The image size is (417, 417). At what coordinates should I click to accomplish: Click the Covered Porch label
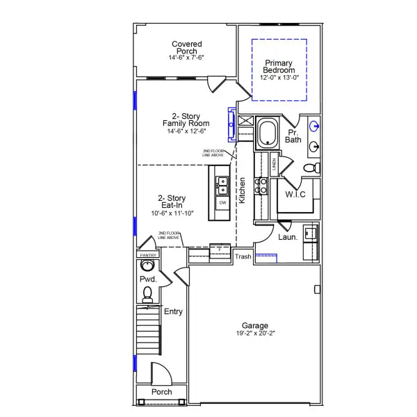click(x=186, y=48)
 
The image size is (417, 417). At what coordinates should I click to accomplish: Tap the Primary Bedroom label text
click(x=279, y=66)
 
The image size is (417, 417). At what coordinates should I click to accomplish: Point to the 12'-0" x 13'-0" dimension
click(x=279, y=77)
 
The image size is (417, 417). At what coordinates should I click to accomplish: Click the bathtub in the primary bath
click(x=267, y=133)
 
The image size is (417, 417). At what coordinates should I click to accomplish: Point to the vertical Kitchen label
click(x=243, y=190)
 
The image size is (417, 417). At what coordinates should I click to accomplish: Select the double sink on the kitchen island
click(x=222, y=185)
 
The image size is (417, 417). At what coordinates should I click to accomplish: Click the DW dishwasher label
click(x=222, y=203)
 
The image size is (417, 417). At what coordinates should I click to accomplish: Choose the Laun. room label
click(x=288, y=238)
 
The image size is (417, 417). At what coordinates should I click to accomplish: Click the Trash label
click(x=243, y=257)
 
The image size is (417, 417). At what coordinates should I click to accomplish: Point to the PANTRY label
click(x=148, y=255)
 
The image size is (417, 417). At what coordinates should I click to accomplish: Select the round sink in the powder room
click(x=147, y=265)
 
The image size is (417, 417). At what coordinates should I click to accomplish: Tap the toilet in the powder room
click(x=147, y=297)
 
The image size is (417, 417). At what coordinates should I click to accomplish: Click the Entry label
click(x=173, y=312)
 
